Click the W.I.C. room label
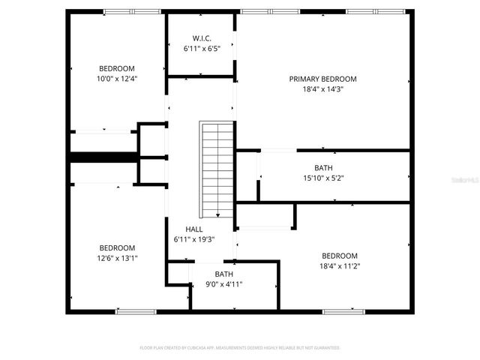pos(200,37)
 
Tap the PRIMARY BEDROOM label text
pos(322,79)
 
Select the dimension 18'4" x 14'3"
pos(322,88)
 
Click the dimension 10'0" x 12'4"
pos(117,78)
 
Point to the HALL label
pos(194,229)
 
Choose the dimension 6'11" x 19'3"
pos(194,239)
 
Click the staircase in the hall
pos(217,168)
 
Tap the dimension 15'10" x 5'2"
pos(323,178)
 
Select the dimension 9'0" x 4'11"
pos(223,284)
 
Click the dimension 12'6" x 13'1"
pos(117,257)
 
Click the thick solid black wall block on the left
pos(103,157)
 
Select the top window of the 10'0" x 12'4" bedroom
pos(126,11)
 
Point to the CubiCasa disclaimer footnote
pos(240,348)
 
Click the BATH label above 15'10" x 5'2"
pos(323,168)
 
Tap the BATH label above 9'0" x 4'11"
pos(223,274)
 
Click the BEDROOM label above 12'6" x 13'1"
pos(117,247)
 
